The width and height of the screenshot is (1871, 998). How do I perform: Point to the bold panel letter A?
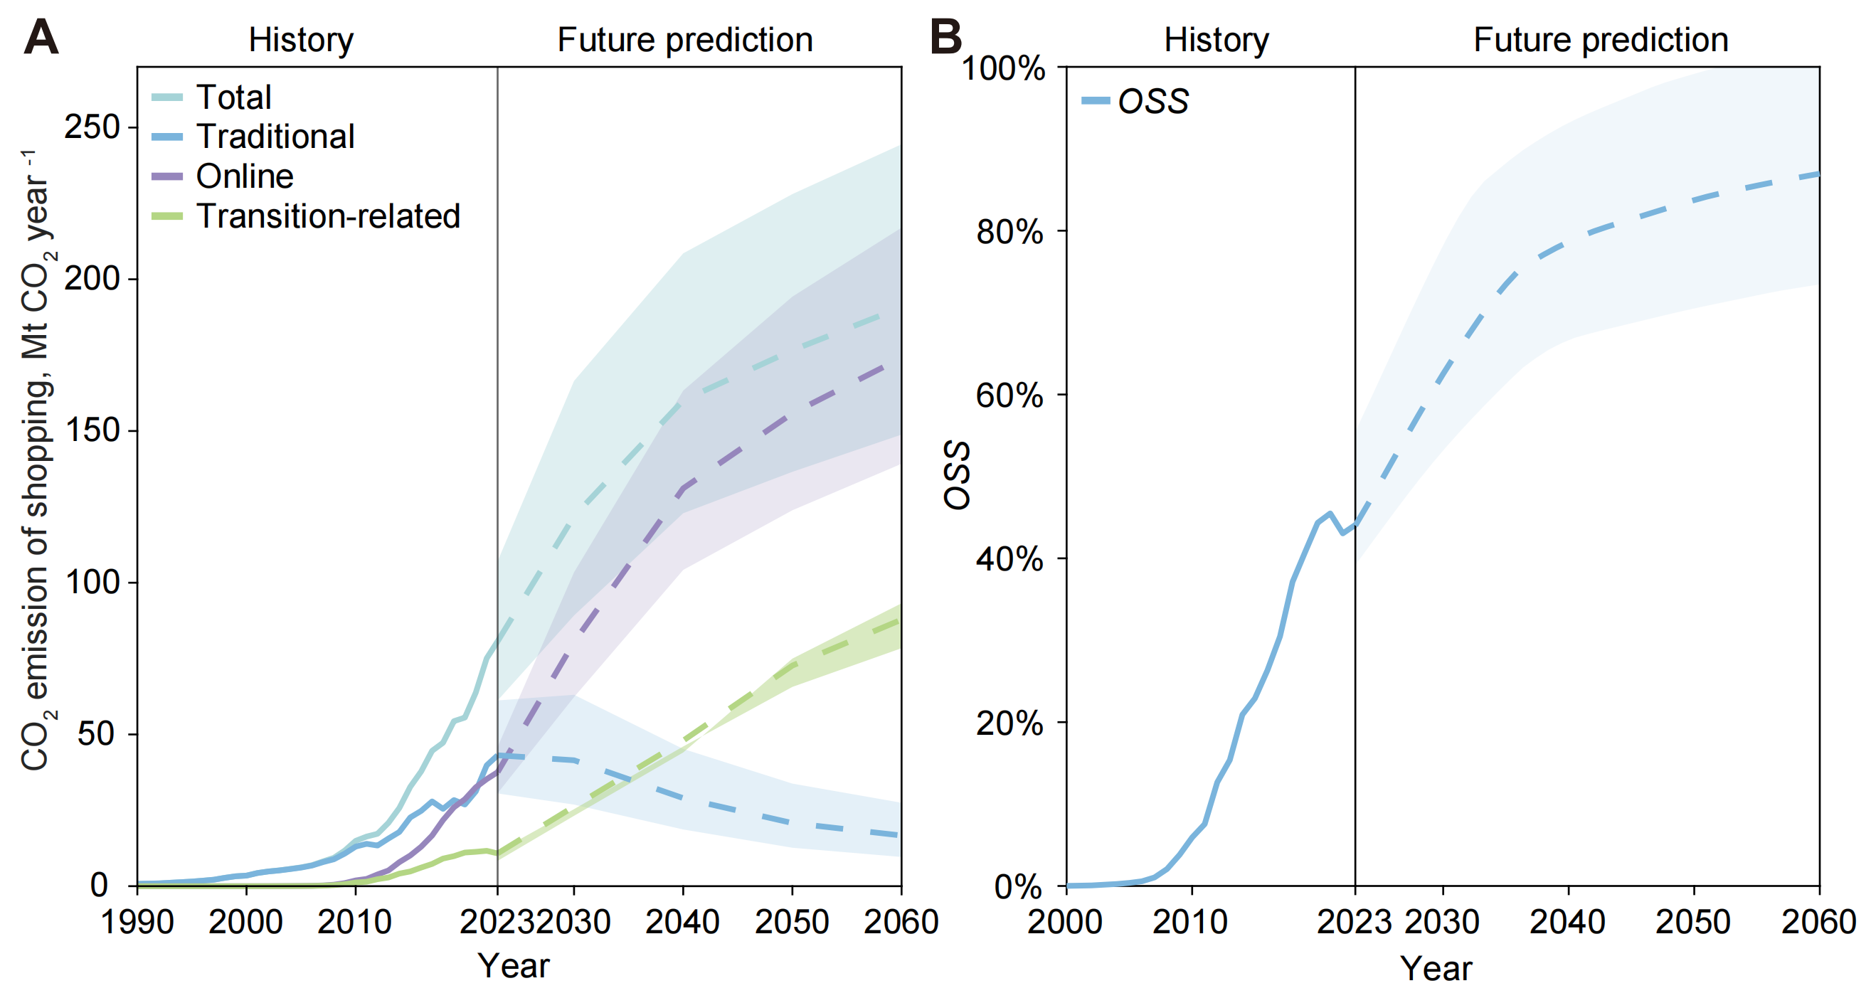point(41,38)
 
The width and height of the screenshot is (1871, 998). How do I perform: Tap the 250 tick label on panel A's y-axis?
point(92,127)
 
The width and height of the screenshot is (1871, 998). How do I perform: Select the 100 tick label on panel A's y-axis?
point(92,582)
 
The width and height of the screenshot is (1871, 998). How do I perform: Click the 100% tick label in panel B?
point(1003,68)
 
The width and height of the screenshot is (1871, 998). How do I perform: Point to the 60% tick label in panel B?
point(1009,396)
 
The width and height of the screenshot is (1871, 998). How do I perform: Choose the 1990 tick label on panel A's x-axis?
point(137,923)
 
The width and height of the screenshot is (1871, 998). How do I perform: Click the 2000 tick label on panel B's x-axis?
point(1065,923)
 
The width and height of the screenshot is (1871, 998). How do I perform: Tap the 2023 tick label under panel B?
point(1354,923)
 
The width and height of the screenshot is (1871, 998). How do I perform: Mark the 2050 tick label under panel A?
point(791,923)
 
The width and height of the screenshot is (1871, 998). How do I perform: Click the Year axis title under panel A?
point(514,966)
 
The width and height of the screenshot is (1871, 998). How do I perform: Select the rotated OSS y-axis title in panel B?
point(958,476)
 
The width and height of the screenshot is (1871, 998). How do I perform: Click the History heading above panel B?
point(1217,40)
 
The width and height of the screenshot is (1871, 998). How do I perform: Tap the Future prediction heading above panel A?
point(685,40)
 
